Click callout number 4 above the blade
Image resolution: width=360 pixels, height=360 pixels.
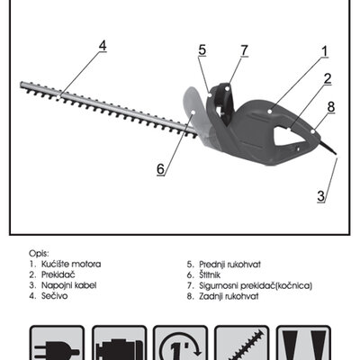103,46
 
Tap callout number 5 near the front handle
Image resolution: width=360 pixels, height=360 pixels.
202,50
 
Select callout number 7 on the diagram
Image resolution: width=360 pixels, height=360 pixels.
245,50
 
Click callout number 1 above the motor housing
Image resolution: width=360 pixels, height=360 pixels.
324,51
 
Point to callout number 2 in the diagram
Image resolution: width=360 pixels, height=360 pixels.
328,78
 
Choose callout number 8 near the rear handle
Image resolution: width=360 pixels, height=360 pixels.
331,107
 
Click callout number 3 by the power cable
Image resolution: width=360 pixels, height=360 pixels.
321,196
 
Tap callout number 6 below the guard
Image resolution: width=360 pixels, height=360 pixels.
161,169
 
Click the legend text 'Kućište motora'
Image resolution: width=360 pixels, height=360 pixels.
71,265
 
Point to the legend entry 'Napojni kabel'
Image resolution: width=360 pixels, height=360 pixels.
69,285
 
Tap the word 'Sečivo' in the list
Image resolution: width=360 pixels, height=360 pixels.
55,296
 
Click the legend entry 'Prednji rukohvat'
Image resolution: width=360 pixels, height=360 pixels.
230,265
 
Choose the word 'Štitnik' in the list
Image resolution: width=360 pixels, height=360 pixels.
210,274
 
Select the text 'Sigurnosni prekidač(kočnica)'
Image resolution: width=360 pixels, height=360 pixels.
256,285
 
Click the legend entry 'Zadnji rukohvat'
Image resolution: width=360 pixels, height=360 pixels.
229,296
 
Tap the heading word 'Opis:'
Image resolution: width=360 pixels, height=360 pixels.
39,254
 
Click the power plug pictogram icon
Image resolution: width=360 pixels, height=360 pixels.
57,343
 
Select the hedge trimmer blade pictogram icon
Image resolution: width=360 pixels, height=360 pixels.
242,343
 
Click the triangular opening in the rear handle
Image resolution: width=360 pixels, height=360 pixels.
285,136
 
